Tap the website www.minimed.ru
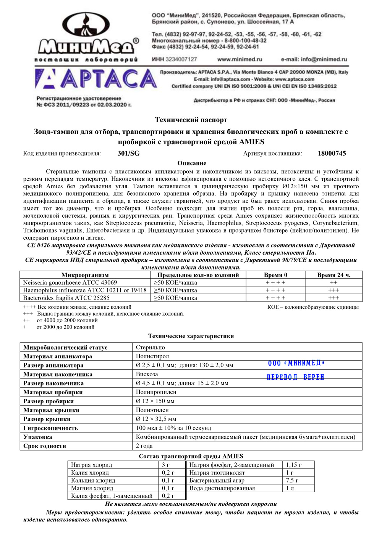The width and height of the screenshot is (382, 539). point(240,59)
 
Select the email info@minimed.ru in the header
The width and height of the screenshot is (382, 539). point(314,59)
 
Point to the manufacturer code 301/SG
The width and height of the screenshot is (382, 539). point(128,154)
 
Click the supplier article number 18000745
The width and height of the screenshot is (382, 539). point(332,154)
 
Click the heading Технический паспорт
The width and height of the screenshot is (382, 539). point(191,120)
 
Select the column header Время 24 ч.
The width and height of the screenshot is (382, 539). point(333,275)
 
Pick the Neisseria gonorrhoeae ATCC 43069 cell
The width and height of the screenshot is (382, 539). point(70,282)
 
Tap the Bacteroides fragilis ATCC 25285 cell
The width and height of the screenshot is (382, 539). point(66,298)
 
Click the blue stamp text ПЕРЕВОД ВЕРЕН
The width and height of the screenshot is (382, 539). point(295,377)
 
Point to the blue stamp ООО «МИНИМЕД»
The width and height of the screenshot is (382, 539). point(296,363)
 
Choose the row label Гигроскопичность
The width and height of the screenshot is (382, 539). point(50,428)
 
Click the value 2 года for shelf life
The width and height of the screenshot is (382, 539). point(144,446)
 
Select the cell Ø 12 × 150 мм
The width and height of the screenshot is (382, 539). point(155,401)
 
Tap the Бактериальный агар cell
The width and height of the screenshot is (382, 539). point(217,480)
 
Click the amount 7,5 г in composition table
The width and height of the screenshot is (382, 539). point(292,480)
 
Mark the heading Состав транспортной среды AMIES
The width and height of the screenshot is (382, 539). point(191,456)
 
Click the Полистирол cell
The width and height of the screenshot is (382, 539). point(152,356)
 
